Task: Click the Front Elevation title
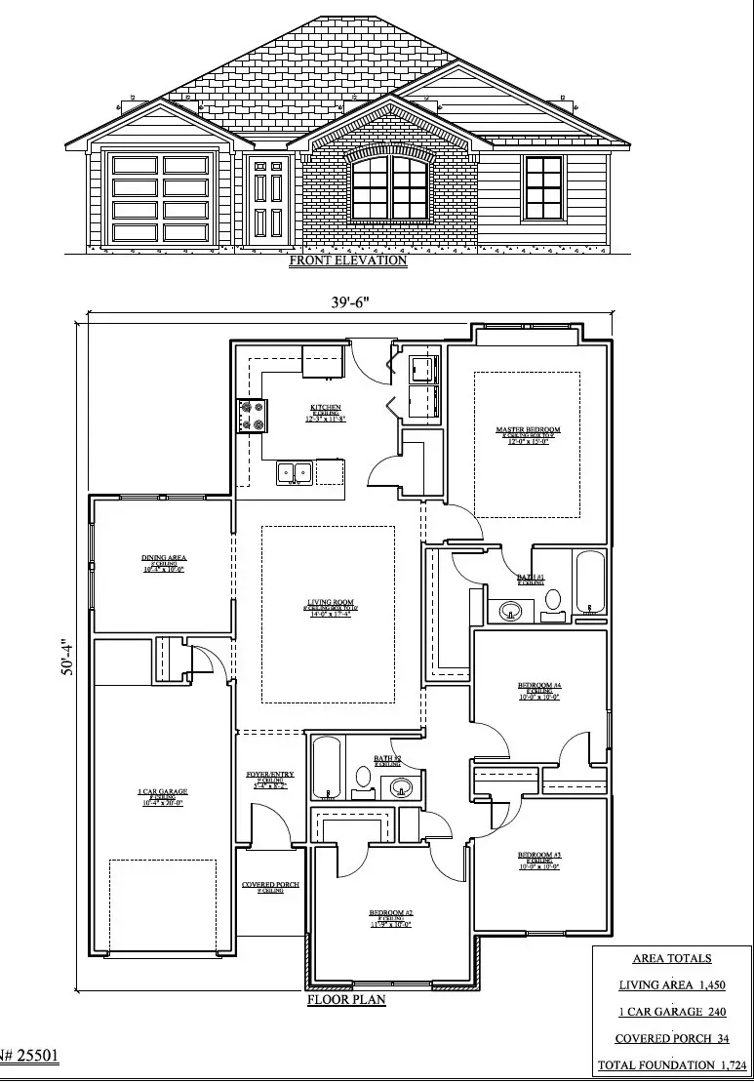coord(347,261)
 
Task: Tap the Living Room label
coord(328,612)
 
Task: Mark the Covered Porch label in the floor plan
coord(270,887)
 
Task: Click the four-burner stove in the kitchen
coord(250,416)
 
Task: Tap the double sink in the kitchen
coord(294,473)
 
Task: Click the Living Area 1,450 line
coord(672,985)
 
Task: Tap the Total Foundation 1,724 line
coord(672,1065)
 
